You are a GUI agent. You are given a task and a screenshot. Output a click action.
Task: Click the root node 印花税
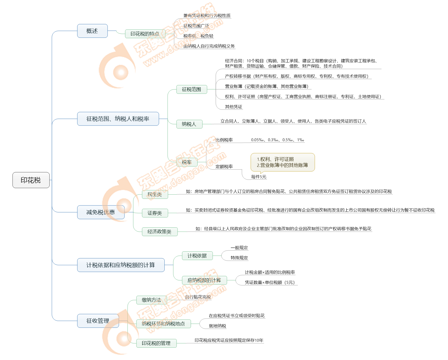click(31, 180)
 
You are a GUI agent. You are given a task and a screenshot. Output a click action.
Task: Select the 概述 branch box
click(92, 31)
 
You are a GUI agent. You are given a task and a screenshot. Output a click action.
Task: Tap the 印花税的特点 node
click(145, 34)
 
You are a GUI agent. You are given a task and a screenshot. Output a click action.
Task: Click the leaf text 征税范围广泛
click(196, 26)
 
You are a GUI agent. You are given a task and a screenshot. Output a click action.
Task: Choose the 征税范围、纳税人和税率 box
click(118, 119)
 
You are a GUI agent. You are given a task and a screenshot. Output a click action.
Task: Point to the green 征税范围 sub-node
click(192, 89)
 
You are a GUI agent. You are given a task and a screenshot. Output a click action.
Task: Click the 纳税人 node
click(189, 124)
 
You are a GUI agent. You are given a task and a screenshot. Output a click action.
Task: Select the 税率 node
click(187, 162)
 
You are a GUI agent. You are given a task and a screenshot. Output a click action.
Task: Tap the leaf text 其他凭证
click(233, 107)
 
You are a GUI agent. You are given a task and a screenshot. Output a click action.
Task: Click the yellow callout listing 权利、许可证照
click(283, 162)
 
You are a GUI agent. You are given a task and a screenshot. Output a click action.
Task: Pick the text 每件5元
click(259, 177)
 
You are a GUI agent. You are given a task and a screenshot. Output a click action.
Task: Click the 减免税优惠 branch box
click(101, 212)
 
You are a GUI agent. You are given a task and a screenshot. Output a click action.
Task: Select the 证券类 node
click(155, 213)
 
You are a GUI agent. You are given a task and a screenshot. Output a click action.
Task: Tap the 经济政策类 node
click(159, 232)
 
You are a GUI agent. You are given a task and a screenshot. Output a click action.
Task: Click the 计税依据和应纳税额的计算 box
click(121, 265)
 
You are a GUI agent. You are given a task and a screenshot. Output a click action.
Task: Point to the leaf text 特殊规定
click(239, 258)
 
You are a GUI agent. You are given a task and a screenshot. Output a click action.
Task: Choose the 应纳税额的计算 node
click(204, 280)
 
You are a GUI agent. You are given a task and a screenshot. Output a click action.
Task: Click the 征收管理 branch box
click(98, 321)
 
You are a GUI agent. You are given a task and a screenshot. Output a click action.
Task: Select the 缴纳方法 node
click(151, 300)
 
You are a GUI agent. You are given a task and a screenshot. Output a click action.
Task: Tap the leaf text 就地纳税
click(217, 326)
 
